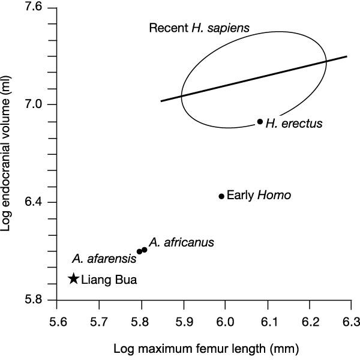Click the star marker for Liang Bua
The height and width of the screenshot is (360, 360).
[74, 278]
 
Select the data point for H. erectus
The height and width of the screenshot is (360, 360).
[260, 121]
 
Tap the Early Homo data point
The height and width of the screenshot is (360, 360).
[221, 196]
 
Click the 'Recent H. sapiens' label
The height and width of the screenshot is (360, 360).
[199, 28]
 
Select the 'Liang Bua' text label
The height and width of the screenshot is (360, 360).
[109, 279]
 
